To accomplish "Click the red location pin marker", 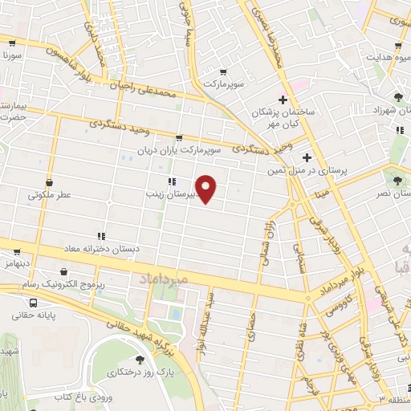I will (207, 189).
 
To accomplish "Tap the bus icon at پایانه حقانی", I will (34, 303).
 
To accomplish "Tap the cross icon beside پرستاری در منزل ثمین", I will (306, 157).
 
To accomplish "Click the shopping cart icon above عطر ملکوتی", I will (50, 182).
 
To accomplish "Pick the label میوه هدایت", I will (389, 58).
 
